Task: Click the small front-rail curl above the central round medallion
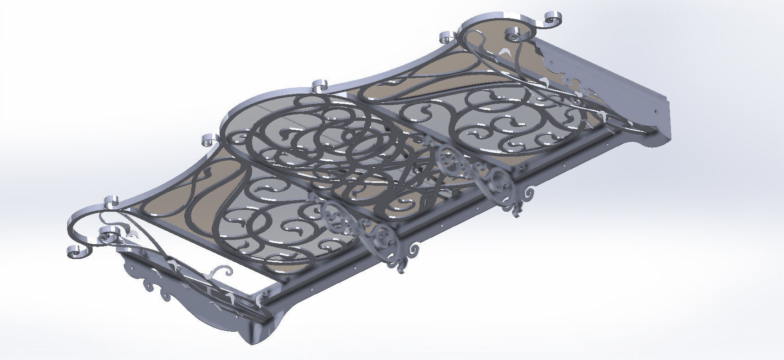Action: (x=320, y=86)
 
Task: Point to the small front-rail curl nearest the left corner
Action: (x=112, y=202)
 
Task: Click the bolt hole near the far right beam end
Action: (x=656, y=112)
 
